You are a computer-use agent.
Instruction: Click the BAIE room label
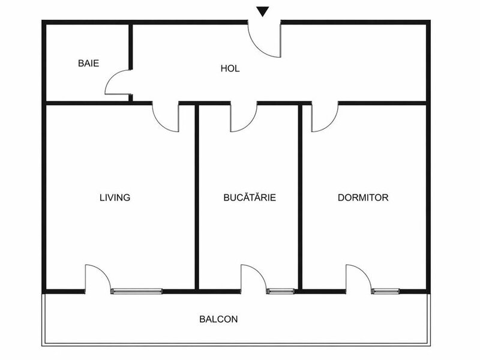tap(88, 64)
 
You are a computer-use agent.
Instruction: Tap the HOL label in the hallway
tap(230, 68)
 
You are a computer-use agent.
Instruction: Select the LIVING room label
tap(115, 197)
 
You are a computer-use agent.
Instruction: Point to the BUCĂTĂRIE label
tap(250, 197)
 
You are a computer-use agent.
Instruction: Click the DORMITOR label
tap(363, 197)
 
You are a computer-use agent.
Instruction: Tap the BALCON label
tap(218, 319)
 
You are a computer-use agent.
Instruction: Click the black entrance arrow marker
tap(263, 11)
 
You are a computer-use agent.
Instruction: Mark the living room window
tap(137, 291)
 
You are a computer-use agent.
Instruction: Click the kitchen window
tap(281, 291)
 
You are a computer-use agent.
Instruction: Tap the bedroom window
tap(386, 291)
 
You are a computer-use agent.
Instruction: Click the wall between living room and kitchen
tap(197, 197)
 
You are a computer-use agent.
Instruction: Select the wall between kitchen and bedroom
tap(301, 197)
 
